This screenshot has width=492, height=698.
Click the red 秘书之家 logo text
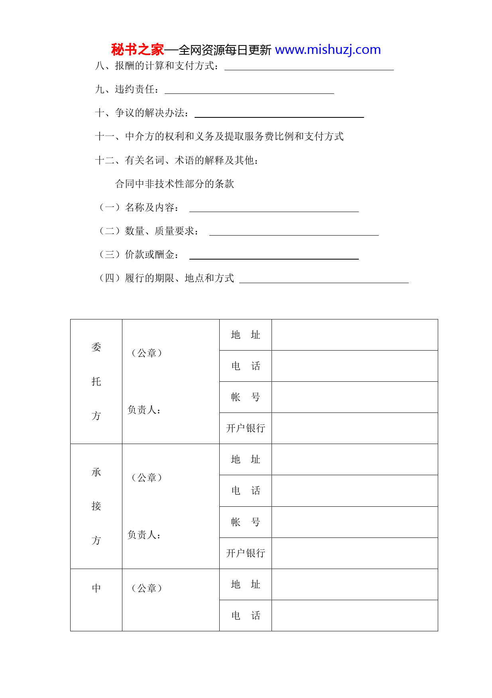pyautogui.click(x=137, y=50)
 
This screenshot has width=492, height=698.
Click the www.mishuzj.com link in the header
pyautogui.click(x=328, y=50)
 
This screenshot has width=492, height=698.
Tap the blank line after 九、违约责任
pyautogui.click(x=249, y=91)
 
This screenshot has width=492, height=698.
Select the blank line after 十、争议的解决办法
pyautogui.click(x=279, y=115)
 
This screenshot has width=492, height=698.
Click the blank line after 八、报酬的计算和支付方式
pyautogui.click(x=309, y=67)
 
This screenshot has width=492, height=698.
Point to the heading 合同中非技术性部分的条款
pyautogui.click(x=175, y=184)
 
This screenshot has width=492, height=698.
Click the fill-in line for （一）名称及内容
pyautogui.click(x=274, y=209)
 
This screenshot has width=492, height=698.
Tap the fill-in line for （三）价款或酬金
pyautogui.click(x=274, y=256)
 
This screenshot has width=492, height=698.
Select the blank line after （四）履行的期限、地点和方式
pyautogui.click(x=324, y=280)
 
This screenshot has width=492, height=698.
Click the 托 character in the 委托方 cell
pyautogui.click(x=96, y=381)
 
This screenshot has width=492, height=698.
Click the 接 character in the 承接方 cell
pyautogui.click(x=96, y=506)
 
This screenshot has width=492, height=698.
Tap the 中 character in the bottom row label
pyautogui.click(x=96, y=588)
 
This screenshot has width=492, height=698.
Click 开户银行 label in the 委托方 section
pyautogui.click(x=245, y=428)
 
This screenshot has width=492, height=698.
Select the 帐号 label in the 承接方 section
pyautogui.click(x=245, y=522)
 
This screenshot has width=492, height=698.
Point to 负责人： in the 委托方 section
pyautogui.click(x=144, y=410)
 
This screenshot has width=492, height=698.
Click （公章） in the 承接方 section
pyautogui.click(x=147, y=478)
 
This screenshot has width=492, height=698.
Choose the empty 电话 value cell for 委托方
pyautogui.click(x=354, y=366)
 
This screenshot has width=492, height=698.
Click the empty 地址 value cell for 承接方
pyautogui.click(x=354, y=459)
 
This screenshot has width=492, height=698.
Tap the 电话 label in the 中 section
pyautogui.click(x=245, y=615)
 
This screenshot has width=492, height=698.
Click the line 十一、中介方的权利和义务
pyautogui.click(x=219, y=137)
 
